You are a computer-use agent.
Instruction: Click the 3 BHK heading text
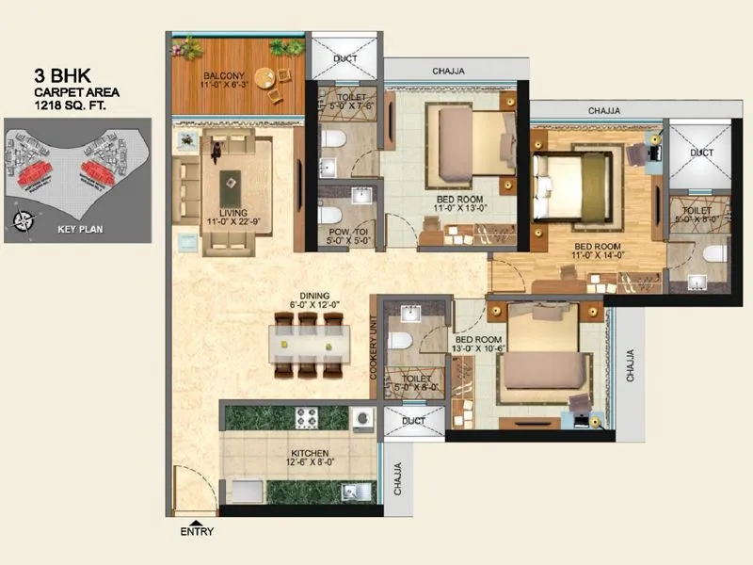(x=59, y=74)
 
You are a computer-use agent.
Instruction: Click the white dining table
(x=307, y=346)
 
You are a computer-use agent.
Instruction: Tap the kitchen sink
(x=353, y=491)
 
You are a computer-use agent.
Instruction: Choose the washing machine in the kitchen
(x=361, y=417)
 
